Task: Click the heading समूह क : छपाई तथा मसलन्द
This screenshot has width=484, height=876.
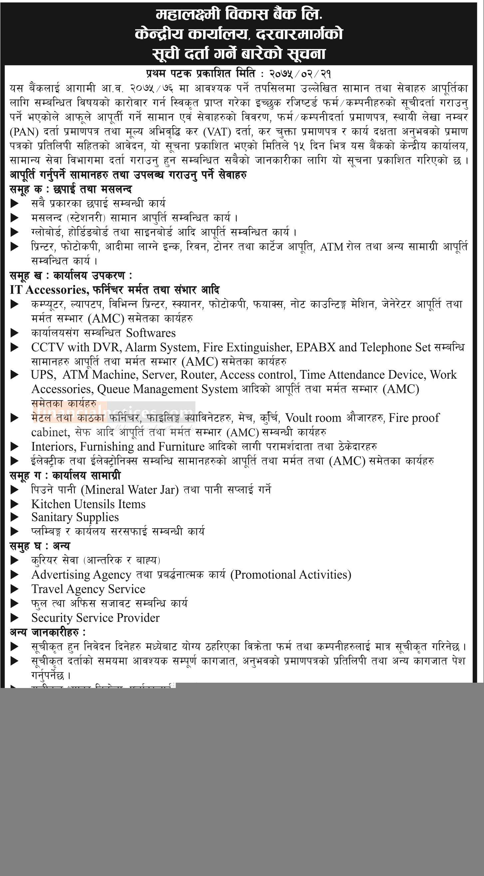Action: click(x=71, y=189)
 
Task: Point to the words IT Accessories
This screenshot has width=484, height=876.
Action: click(x=50, y=290)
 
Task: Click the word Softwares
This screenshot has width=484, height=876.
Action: click(x=151, y=333)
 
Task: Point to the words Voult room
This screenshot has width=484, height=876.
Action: click(x=313, y=418)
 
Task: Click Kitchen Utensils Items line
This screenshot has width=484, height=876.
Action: click(x=88, y=504)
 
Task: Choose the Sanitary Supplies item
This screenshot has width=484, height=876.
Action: click(x=75, y=517)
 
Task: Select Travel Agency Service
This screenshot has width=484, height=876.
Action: click(x=88, y=589)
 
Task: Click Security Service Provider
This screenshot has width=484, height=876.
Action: click(x=96, y=618)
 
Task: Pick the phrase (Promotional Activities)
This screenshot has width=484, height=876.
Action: click(x=291, y=575)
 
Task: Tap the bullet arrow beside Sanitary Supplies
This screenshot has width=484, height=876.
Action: click(x=15, y=518)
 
